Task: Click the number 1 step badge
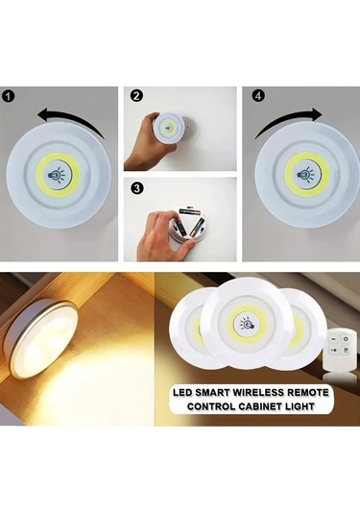point(9,96)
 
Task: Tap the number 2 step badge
point(135,96)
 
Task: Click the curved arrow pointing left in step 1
point(71,115)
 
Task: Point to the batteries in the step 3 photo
point(188,228)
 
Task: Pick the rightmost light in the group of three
point(303,331)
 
